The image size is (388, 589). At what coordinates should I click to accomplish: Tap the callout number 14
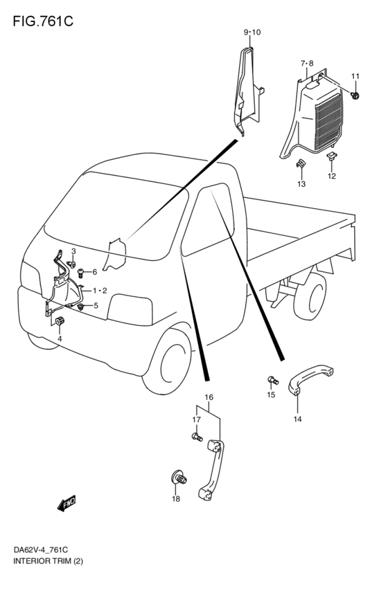[297, 419]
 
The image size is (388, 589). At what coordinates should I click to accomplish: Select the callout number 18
[175, 498]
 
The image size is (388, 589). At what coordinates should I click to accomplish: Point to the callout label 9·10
[252, 33]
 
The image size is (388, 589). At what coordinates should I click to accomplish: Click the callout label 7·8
[307, 64]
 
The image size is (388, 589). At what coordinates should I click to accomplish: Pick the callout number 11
[355, 76]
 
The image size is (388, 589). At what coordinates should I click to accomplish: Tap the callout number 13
[301, 184]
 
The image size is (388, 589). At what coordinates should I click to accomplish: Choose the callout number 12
[331, 176]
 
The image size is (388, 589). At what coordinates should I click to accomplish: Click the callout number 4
[60, 338]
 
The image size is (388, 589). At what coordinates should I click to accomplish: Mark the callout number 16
[209, 397]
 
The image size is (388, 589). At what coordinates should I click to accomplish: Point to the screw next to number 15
[272, 379]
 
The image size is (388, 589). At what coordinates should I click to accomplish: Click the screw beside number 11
[355, 94]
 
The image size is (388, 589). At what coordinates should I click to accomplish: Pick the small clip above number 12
[332, 157]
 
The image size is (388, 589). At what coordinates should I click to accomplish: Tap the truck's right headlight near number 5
[131, 309]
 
